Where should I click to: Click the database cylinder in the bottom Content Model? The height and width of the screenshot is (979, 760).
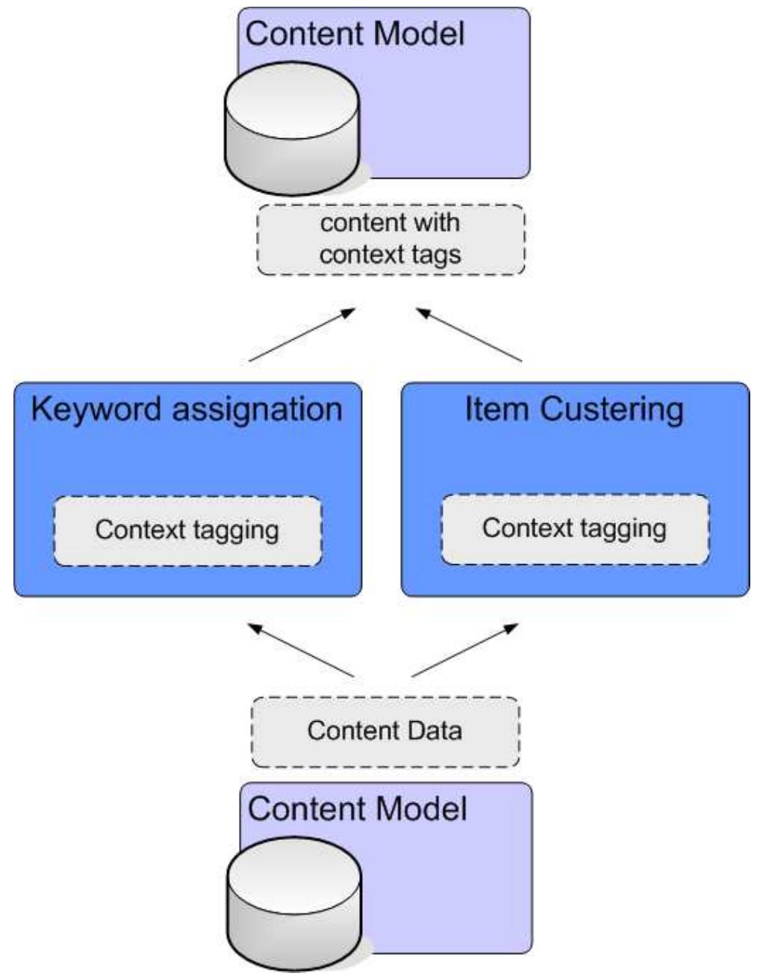[294, 904]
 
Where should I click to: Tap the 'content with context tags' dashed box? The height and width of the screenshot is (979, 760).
[390, 239]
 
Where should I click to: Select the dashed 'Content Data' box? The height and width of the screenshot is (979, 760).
[385, 731]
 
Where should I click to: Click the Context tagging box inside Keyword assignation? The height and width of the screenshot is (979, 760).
[187, 531]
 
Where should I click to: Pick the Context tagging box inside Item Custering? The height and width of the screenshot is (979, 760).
[575, 529]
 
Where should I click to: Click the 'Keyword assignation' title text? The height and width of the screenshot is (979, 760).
[187, 410]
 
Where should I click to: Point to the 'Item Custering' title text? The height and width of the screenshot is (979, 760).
[574, 410]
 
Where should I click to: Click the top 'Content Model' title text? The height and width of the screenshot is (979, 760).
[355, 34]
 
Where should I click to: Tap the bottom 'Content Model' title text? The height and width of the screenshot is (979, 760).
[357, 809]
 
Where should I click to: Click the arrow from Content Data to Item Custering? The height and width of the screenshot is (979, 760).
[464, 651]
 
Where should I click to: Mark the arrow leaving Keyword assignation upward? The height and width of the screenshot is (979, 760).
[302, 335]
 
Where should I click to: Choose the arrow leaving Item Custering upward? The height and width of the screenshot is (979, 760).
[469, 335]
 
